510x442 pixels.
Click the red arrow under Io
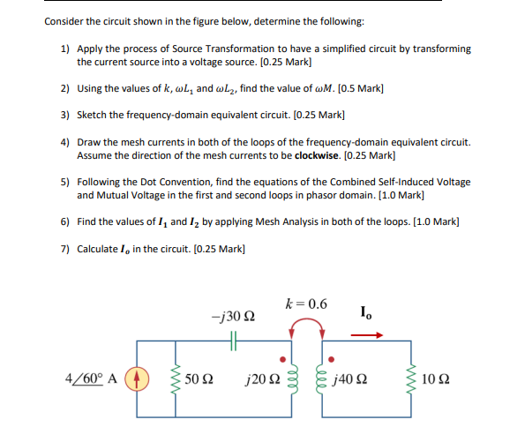tap(372, 335)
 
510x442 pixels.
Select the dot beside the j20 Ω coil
tap(281, 360)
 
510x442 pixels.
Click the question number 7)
tap(66, 248)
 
